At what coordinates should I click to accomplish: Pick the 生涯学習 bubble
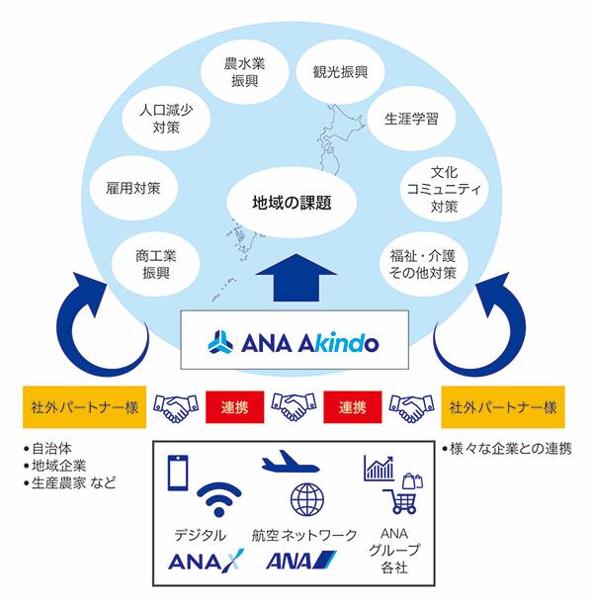click(x=411, y=119)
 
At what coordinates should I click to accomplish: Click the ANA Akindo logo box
click(x=294, y=340)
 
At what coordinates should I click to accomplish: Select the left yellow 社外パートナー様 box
click(x=84, y=406)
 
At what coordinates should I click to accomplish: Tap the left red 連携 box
click(x=235, y=406)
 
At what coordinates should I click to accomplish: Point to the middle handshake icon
click(x=294, y=406)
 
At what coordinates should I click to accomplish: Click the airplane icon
click(x=293, y=463)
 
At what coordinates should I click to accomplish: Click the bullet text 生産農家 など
click(x=74, y=482)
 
